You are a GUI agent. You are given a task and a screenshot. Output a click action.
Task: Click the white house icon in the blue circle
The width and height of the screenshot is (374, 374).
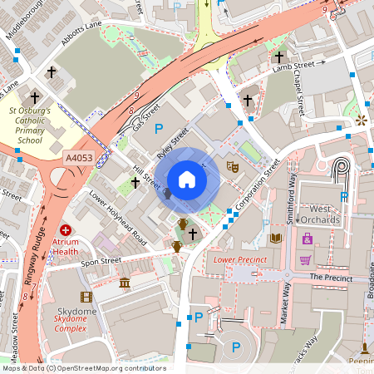point(187,180)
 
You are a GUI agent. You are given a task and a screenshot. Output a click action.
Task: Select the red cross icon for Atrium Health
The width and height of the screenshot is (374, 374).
point(66,229)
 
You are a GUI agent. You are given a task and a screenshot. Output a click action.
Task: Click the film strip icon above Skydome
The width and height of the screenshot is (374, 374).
point(86,297)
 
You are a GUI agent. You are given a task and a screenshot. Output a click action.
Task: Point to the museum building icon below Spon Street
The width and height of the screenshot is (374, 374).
point(125,284)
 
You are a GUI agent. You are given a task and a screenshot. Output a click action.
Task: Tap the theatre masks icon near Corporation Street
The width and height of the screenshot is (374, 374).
point(234,166)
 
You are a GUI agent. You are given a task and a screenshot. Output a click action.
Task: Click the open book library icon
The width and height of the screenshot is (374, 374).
point(276,238)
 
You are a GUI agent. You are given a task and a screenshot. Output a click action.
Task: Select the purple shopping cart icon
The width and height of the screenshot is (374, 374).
point(305,259)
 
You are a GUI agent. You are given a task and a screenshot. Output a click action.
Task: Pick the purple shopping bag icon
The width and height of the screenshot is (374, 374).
point(307,239)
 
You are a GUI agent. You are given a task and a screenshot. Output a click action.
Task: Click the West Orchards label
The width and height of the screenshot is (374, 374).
point(320,214)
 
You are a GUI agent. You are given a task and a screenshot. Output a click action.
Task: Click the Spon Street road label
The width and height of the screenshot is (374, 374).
point(101,260)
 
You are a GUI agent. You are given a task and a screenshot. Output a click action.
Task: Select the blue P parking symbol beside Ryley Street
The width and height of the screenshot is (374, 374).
point(159,129)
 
